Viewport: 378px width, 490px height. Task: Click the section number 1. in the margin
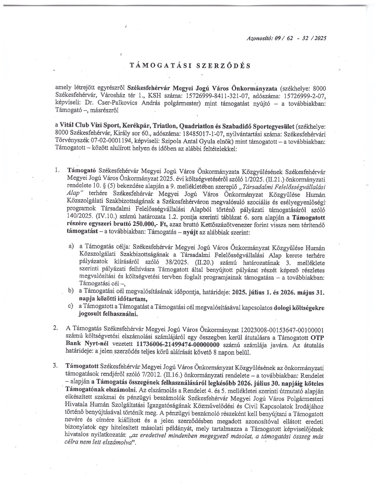[x=57, y=170]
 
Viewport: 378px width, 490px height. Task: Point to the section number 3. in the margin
[x=55, y=366]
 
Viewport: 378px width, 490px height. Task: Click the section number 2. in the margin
[x=55, y=328]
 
